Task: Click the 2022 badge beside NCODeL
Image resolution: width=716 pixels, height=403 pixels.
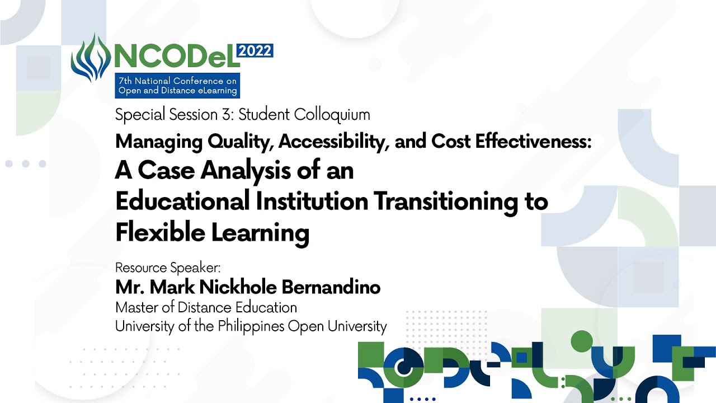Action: click(x=255, y=51)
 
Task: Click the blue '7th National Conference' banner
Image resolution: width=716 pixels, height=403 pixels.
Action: click(x=177, y=86)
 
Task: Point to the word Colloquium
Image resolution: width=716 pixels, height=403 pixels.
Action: click(x=332, y=115)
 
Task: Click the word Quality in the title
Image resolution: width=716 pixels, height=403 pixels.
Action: click(x=239, y=142)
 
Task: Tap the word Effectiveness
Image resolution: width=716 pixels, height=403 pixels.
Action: click(x=533, y=141)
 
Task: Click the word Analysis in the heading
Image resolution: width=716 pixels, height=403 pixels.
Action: click(x=246, y=171)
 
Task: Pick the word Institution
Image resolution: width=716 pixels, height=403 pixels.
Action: click(x=312, y=201)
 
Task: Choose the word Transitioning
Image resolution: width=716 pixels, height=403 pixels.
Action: click(x=446, y=202)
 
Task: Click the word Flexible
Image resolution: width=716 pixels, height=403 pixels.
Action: click(x=160, y=232)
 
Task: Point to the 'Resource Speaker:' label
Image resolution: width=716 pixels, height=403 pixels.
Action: click(x=168, y=268)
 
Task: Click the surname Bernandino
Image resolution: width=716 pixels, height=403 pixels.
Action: click(x=331, y=287)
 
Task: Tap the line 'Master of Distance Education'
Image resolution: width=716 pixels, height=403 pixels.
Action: click(x=206, y=308)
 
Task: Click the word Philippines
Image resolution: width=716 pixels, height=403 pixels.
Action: click(x=251, y=327)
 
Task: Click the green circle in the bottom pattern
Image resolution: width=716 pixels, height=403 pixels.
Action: click(x=582, y=341)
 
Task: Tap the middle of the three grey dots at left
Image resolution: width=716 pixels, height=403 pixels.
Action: click(x=26, y=164)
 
